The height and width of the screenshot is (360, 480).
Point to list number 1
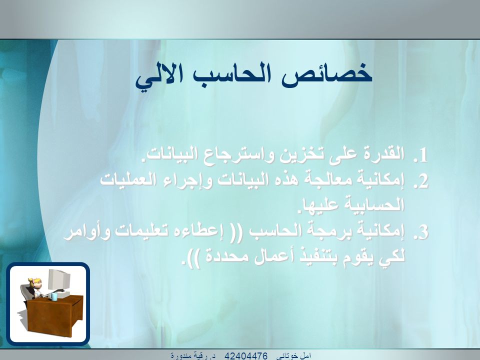click(x=420, y=155)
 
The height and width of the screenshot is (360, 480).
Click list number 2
click(x=420, y=181)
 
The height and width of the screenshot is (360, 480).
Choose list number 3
click(x=420, y=232)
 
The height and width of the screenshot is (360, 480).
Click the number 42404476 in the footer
click(x=246, y=355)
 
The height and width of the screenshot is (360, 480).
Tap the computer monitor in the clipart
click(x=59, y=279)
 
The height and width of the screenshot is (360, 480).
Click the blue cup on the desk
click(x=54, y=296)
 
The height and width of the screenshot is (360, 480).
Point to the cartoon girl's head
click(x=34, y=283)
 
